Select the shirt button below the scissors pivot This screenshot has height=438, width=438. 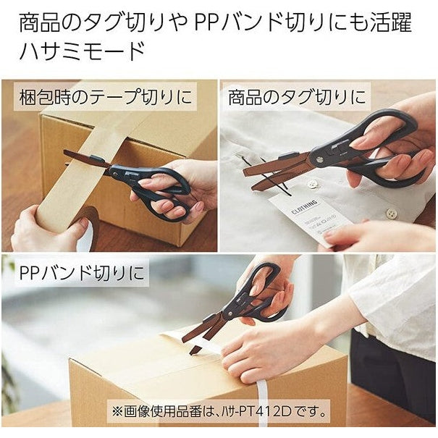click(x=313, y=184)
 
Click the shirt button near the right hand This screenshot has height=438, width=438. click(x=391, y=214)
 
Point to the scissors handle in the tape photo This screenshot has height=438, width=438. click(x=156, y=185)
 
